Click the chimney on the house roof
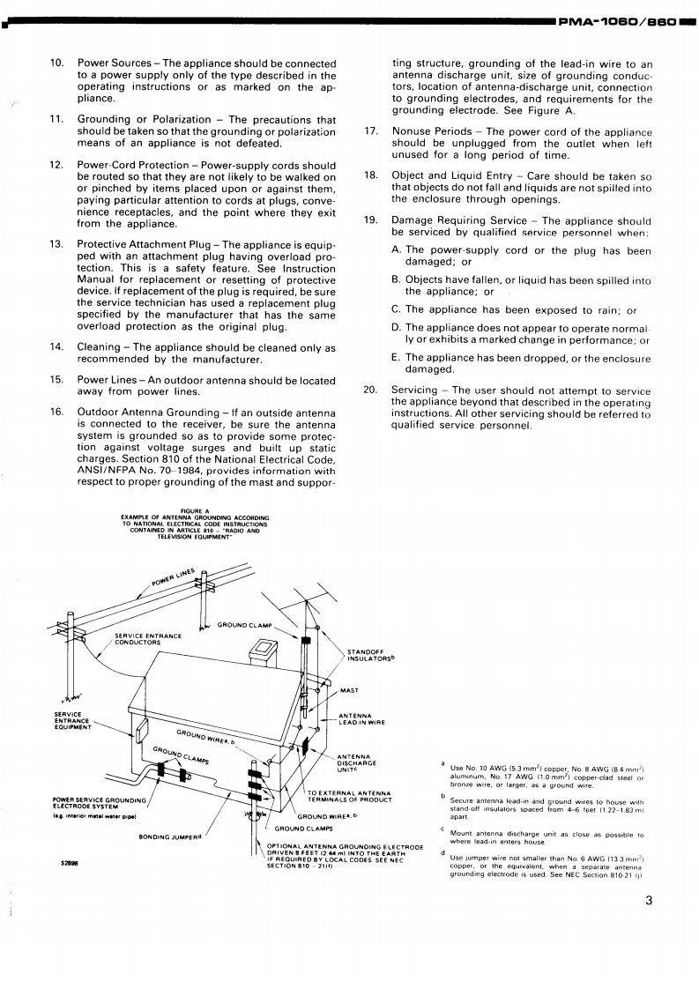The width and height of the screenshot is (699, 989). coord(264,651)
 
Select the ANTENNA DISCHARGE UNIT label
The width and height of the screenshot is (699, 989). coord(355,765)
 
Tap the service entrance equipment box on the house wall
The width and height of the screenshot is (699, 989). coord(141,726)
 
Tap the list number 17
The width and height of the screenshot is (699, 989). coord(371,130)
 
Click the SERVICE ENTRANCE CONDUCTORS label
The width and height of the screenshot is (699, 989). coord(148,638)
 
